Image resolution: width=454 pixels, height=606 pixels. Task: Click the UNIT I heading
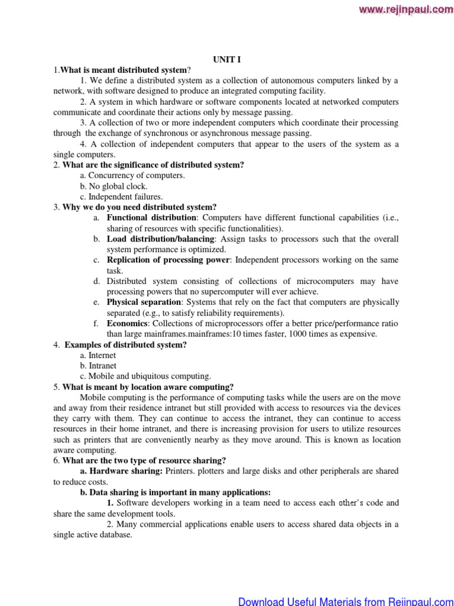pos(227,59)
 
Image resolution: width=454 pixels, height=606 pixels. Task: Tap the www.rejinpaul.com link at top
pos(405,9)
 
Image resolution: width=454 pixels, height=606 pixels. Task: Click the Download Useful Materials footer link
pos(345,601)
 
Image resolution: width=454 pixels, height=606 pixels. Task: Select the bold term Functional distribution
pos(152,218)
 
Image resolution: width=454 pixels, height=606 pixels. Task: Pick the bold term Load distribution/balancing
pos(160,239)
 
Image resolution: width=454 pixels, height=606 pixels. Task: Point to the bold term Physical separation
pos(144,302)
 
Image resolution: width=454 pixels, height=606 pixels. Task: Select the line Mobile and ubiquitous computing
pos(145,376)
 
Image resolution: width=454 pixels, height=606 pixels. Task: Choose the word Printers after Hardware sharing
pos(181,471)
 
